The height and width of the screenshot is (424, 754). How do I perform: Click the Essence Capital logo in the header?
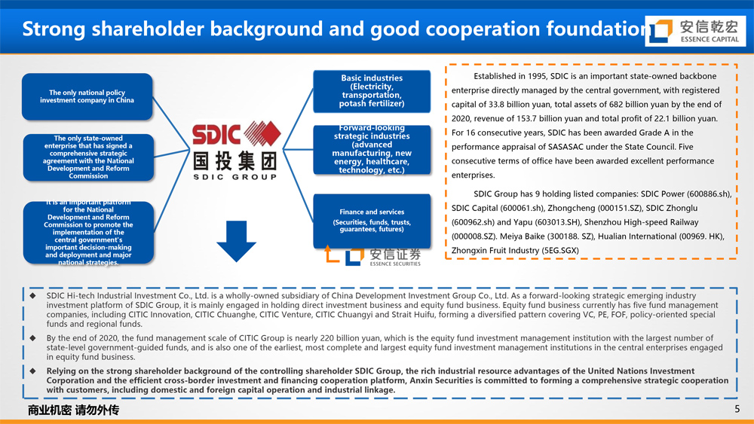(695, 31)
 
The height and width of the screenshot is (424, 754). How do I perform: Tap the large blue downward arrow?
(236, 241)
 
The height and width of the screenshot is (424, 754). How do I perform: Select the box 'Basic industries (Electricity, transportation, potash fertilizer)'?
(372, 91)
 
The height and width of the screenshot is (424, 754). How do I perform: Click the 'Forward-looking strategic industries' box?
(372, 149)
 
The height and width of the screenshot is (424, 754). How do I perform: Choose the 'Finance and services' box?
(372, 221)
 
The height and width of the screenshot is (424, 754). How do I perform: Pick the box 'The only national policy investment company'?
(87, 96)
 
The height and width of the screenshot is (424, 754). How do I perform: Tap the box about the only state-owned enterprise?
(88, 157)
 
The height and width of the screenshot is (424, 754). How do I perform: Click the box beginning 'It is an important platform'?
(88, 233)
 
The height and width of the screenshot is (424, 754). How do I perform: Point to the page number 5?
(737, 409)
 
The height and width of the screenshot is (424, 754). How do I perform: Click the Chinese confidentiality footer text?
(73, 410)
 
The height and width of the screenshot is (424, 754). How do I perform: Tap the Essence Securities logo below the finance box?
(372, 255)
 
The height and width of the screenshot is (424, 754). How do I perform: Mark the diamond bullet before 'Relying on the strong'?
(32, 371)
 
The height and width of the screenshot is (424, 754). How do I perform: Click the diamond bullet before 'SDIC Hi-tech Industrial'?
(32, 296)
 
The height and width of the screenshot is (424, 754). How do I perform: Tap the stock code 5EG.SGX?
(561, 251)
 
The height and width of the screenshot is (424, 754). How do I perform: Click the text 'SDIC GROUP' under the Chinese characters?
(235, 177)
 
